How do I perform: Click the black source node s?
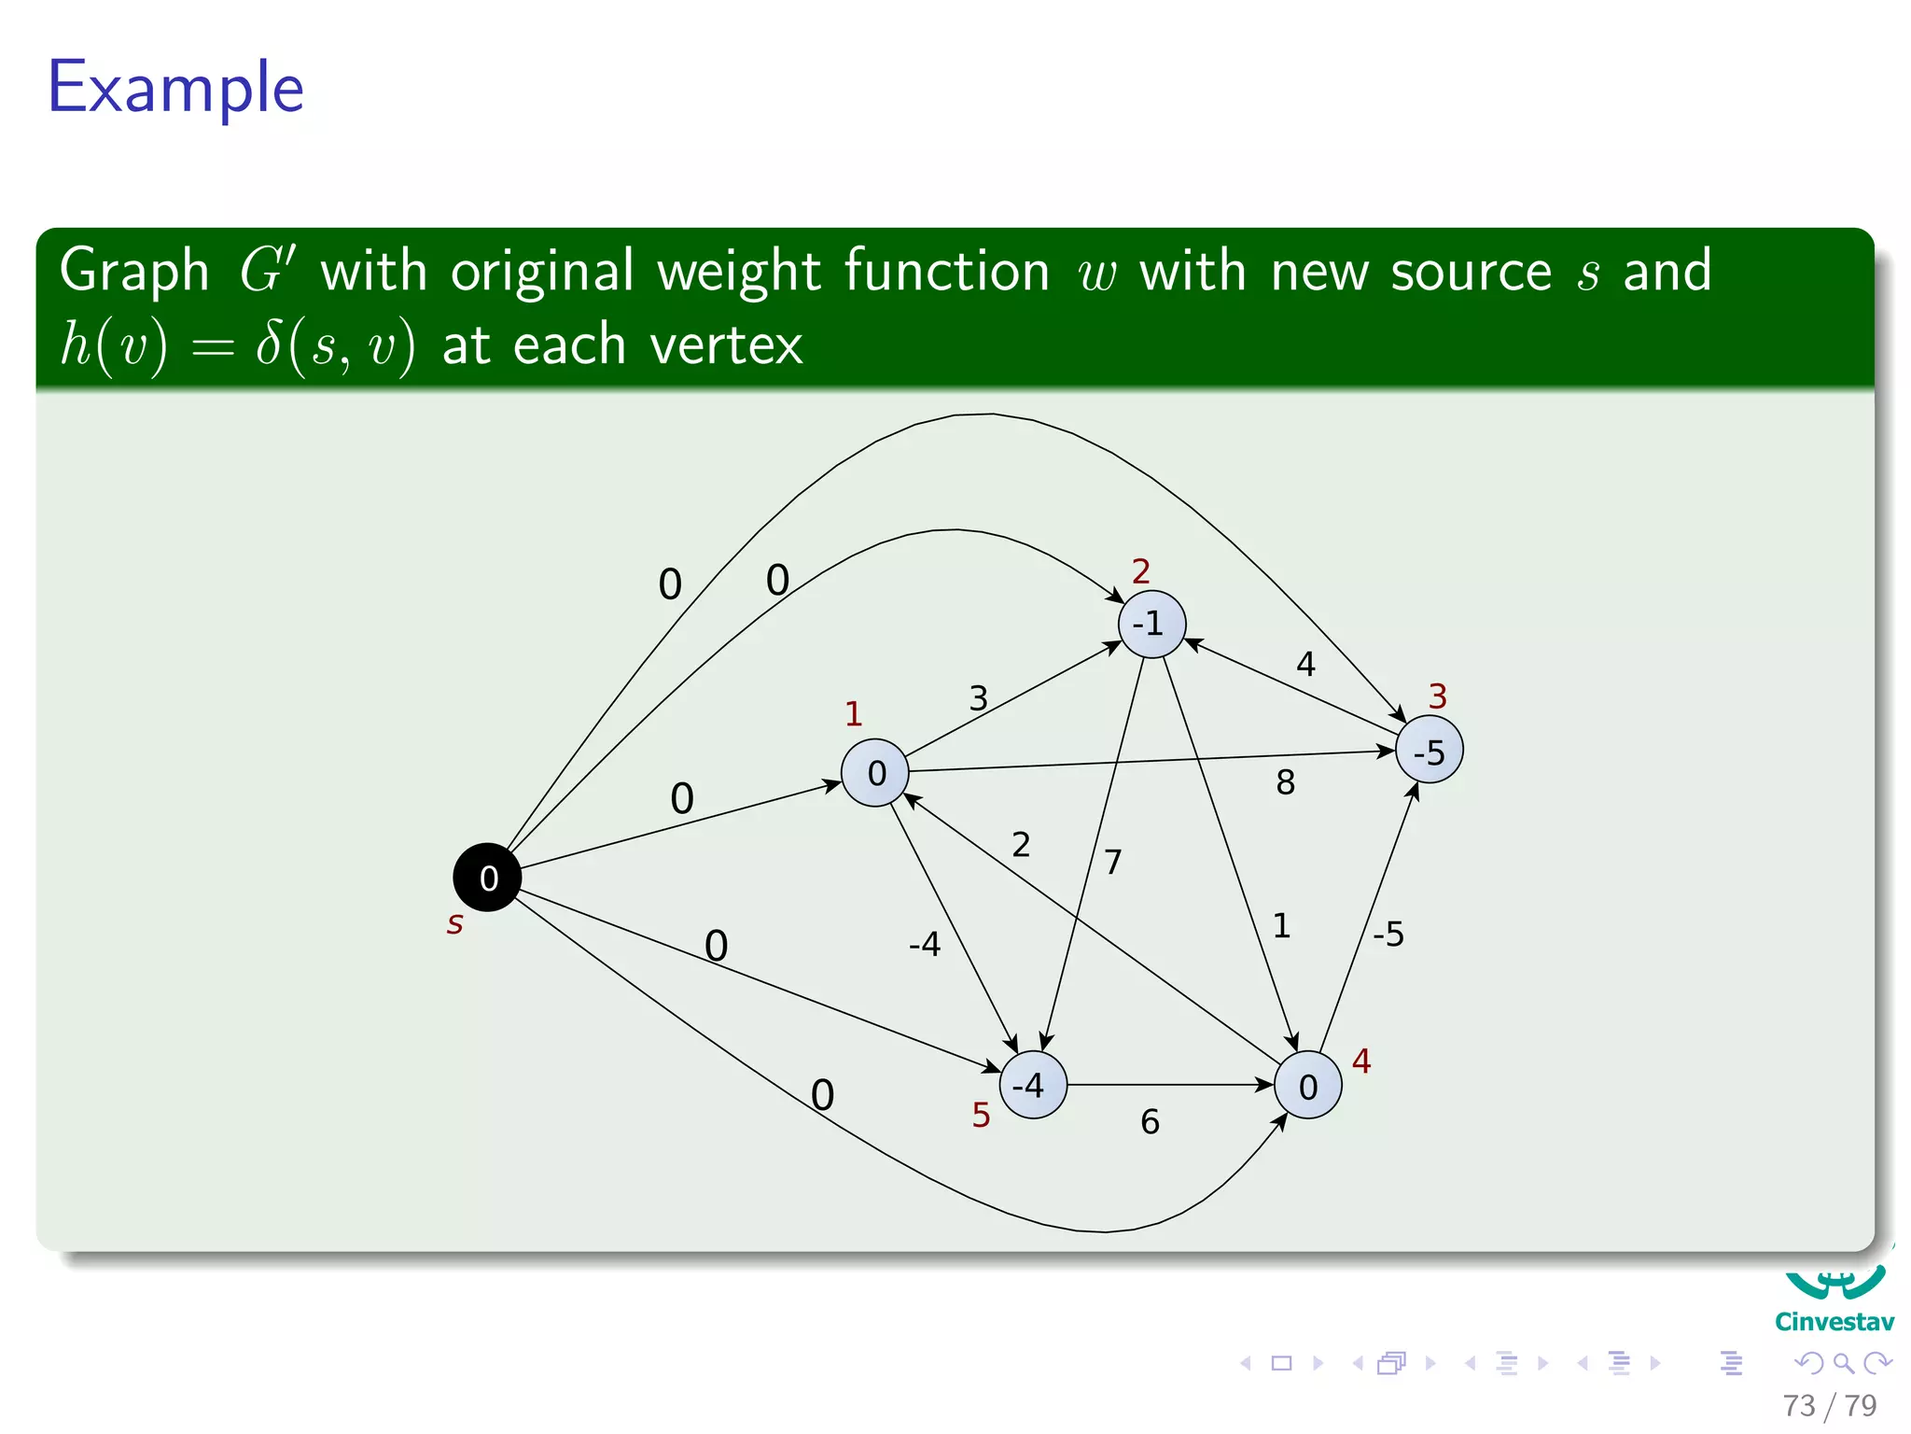(x=487, y=878)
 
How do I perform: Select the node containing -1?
(x=1151, y=624)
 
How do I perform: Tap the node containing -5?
(x=1429, y=750)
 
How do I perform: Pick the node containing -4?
(x=1032, y=1085)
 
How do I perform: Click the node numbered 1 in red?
(x=875, y=772)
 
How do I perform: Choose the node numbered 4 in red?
(x=1308, y=1085)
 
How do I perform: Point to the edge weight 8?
(x=1286, y=782)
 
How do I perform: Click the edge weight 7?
(x=1113, y=862)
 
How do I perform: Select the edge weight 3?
(x=979, y=698)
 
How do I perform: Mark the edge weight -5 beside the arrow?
(x=1388, y=934)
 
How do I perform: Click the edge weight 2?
(x=1022, y=845)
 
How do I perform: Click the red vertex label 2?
(x=1141, y=571)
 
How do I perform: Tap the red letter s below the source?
(x=455, y=924)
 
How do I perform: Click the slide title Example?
(x=176, y=87)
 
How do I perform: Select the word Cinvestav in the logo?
(x=1834, y=1322)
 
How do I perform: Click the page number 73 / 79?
(x=1829, y=1405)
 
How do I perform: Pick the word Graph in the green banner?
(x=135, y=272)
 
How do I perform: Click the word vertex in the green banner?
(x=726, y=344)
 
